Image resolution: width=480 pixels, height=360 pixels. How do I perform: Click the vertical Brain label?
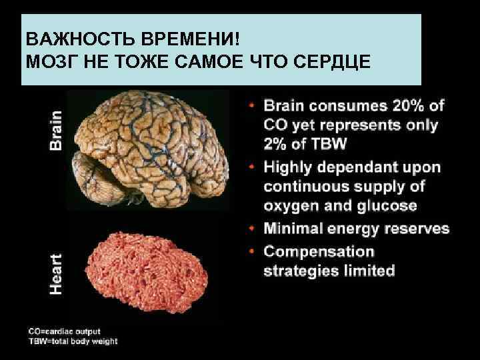[57, 129]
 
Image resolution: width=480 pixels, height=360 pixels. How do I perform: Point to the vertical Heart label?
[57, 273]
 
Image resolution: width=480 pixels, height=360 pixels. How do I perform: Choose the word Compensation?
[319, 251]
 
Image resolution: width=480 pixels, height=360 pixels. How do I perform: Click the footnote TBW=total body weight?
[73, 341]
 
